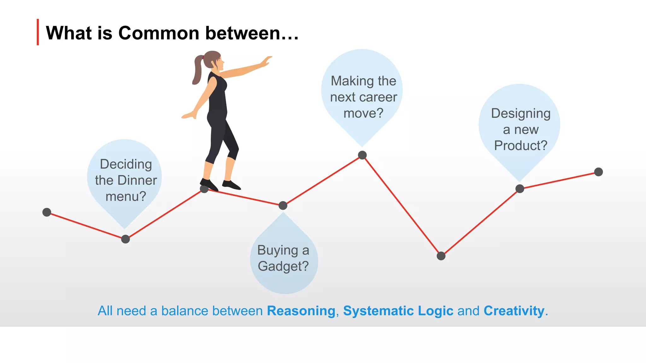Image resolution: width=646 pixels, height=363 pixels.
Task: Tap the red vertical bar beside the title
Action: coord(38,32)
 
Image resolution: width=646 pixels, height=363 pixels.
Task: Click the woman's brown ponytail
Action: coord(197,70)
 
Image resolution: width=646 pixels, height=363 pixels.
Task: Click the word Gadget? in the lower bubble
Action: coord(283,267)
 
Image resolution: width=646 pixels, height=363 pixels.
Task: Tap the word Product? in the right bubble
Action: coord(520,146)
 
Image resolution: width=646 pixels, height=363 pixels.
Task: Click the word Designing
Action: coord(520,113)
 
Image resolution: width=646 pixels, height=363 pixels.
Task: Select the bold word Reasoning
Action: coord(301,311)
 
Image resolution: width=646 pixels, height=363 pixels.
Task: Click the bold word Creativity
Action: coord(514,311)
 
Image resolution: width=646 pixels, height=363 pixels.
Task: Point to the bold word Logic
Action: coord(435,311)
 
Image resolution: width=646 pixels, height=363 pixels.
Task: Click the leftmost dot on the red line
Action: coord(47,212)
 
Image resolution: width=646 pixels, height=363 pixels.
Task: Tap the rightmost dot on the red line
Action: coord(598,172)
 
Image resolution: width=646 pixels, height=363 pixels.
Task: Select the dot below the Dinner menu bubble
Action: coord(126,239)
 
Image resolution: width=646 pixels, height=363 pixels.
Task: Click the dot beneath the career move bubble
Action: coord(362,155)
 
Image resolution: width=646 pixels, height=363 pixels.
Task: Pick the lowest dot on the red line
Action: coord(441,256)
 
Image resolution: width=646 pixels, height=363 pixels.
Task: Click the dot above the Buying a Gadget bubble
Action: coord(283,206)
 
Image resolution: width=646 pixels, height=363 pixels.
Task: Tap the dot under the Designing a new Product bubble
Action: coord(520,189)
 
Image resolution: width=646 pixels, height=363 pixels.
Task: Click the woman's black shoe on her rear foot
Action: coord(208,184)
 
